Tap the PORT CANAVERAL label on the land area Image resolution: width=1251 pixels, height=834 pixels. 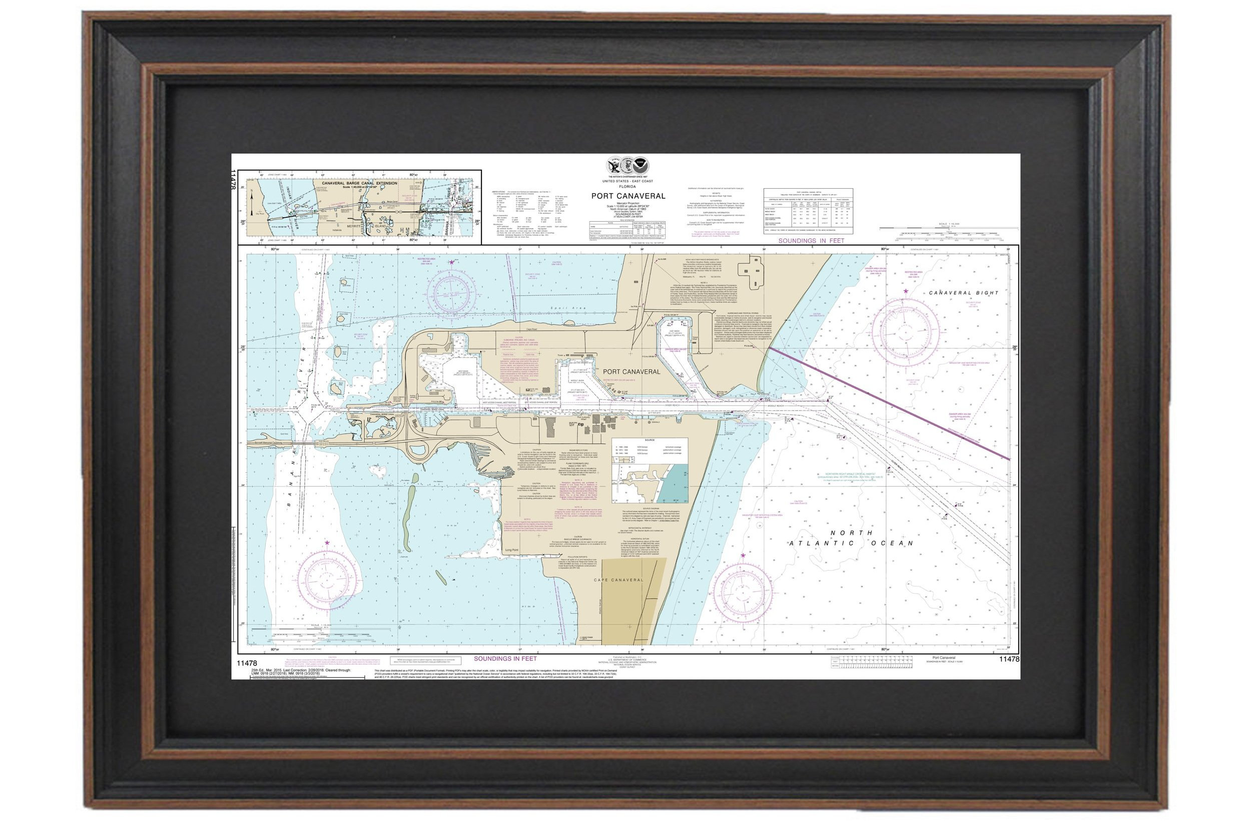pyautogui.click(x=631, y=372)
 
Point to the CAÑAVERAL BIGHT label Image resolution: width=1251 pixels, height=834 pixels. pyautogui.click(x=963, y=293)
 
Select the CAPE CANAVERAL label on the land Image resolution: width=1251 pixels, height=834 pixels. pyautogui.click(x=618, y=580)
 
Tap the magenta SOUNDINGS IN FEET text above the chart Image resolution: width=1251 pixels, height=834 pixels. pyautogui.click(x=811, y=240)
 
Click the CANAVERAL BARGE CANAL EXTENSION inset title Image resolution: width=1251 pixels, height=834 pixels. pyautogui.click(x=359, y=184)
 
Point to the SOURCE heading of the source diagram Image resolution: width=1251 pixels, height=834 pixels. pyautogui.click(x=650, y=441)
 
